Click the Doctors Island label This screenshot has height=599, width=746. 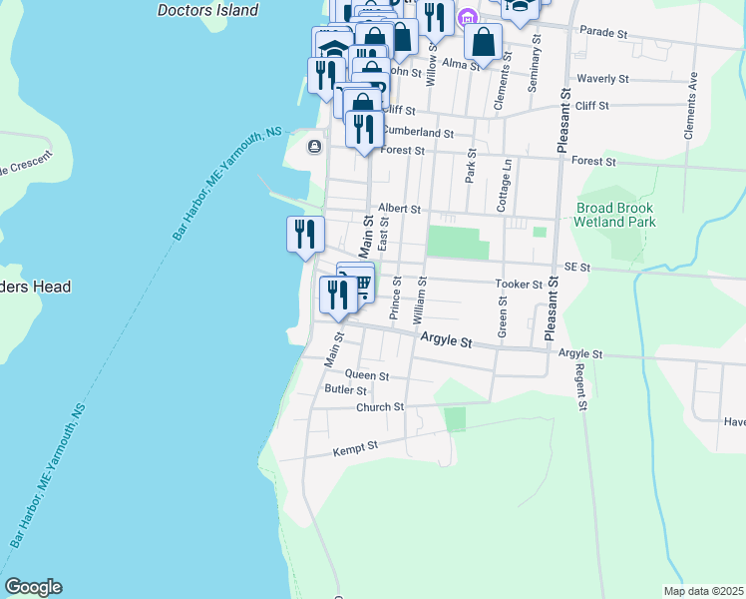pos(208,10)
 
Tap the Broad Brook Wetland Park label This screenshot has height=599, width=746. pos(616,215)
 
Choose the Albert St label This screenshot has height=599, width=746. pos(399,210)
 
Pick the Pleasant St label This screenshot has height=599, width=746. pos(563,130)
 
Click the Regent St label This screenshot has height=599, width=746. pos(579,384)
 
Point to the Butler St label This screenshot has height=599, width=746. pos(346,390)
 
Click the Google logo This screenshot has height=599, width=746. pos(33,587)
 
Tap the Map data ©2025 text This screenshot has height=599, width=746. pos(702,591)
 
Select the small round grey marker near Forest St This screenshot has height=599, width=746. pos(315,148)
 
